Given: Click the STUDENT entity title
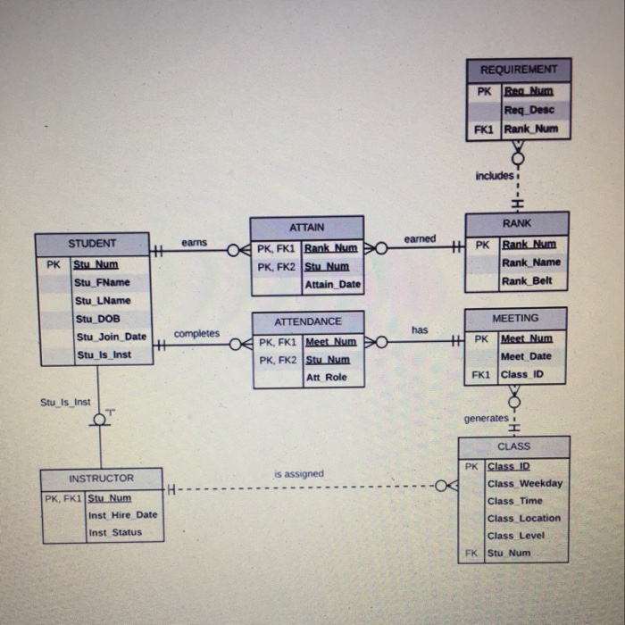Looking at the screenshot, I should [92, 244].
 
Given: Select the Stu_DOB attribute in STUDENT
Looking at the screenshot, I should [92, 319].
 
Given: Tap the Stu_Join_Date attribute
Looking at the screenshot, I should [111, 337].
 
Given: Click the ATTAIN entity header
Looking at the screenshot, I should [306, 228].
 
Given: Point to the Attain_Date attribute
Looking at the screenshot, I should [332, 285].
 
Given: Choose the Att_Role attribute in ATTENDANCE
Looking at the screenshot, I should [327, 378].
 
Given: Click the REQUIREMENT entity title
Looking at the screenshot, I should [518, 70].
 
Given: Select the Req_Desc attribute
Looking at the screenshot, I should [529, 110].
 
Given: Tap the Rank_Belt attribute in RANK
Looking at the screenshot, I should [527, 281].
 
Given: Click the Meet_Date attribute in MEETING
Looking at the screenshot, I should [526, 356].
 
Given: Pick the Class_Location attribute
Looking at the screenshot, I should [523, 518].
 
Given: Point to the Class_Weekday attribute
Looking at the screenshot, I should [525, 484].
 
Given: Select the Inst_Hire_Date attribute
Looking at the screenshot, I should [121, 515].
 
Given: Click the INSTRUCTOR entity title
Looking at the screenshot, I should [101, 479].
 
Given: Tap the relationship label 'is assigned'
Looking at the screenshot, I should [298, 474].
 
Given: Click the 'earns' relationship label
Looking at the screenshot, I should [194, 242].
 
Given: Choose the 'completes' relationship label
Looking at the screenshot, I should [196, 334].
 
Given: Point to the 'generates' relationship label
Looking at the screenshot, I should [486, 419].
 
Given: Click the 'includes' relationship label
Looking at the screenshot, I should [495, 176].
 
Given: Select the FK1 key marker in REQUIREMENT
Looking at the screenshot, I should [483, 129].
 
